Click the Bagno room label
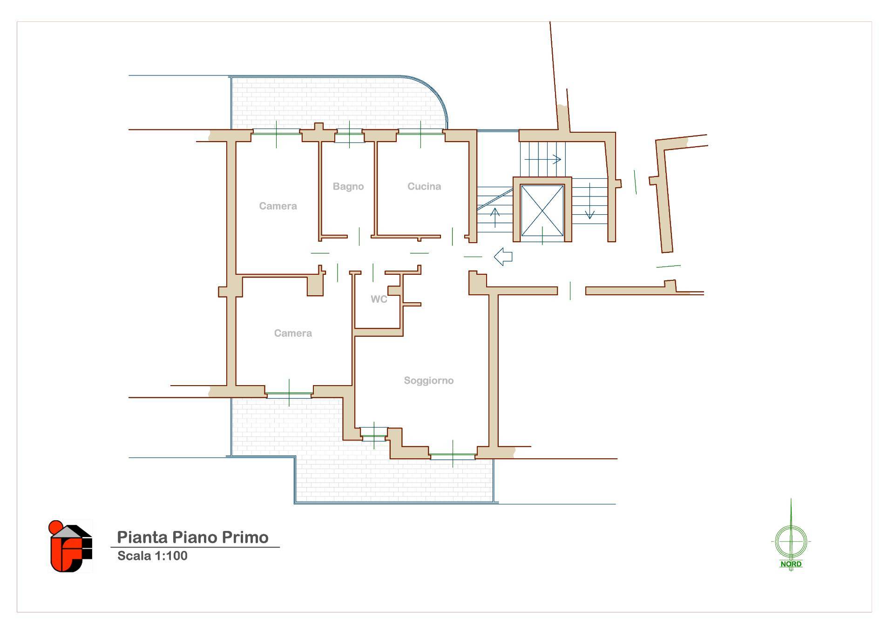pos(348,187)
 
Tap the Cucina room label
pos(424,187)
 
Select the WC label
pos(379,299)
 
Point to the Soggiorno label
pos(428,381)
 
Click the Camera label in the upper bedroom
pos(278,206)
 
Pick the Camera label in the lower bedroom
pos(293,333)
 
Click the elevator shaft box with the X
pos(542,211)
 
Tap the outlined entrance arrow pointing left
pos(503,257)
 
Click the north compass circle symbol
pos(791,542)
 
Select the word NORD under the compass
pos(791,564)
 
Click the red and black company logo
pos(70,546)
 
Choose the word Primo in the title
pos(245,537)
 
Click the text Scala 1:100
pos(152,556)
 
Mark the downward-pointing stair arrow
pos(589,201)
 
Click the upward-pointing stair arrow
pos(495,218)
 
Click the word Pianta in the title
pos(142,537)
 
